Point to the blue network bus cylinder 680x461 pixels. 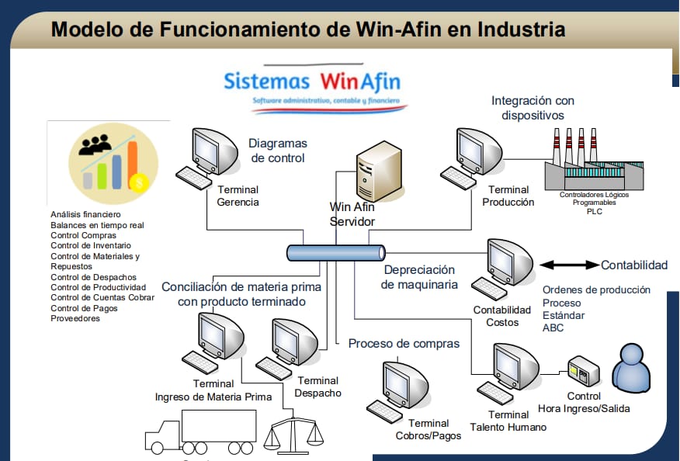coord(335,253)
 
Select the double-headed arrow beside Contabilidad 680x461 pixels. coord(569,265)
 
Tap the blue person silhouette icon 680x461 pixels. coord(631,367)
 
